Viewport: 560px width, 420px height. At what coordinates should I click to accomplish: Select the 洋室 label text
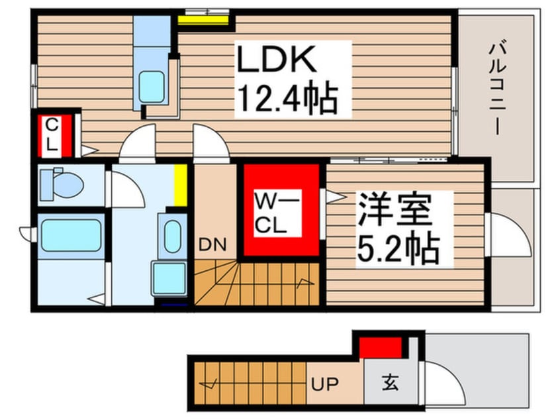395,211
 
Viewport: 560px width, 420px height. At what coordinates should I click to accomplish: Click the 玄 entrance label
390,383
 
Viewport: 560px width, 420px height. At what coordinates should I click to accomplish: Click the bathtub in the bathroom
70,235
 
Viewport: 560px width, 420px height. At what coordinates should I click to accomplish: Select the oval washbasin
173,236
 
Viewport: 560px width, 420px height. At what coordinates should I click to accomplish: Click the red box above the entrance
381,347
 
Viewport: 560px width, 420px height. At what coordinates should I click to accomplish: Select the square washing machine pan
168,278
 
